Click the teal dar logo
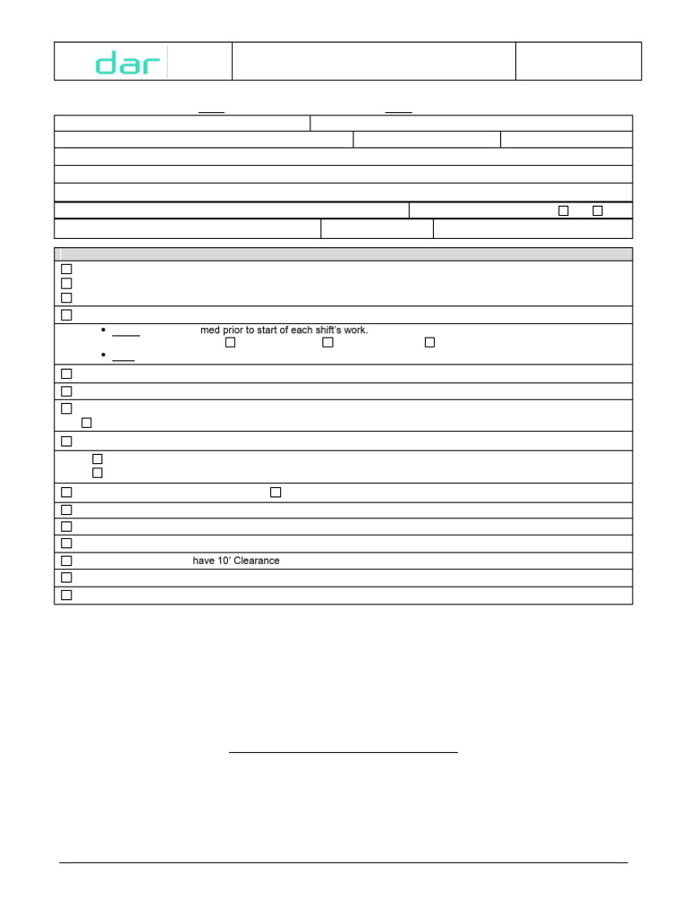(129, 63)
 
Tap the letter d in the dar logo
(106, 63)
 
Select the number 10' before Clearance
(224, 561)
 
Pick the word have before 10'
(203, 561)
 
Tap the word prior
(234, 330)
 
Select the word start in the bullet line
(272, 330)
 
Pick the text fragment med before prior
(210, 330)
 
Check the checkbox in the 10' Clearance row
(66, 561)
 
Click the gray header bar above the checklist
(343, 254)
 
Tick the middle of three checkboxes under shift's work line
(328, 342)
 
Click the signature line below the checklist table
(343, 752)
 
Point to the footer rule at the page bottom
(343, 862)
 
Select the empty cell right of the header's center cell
(579, 61)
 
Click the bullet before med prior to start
(104, 330)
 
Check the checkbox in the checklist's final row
(66, 595)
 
